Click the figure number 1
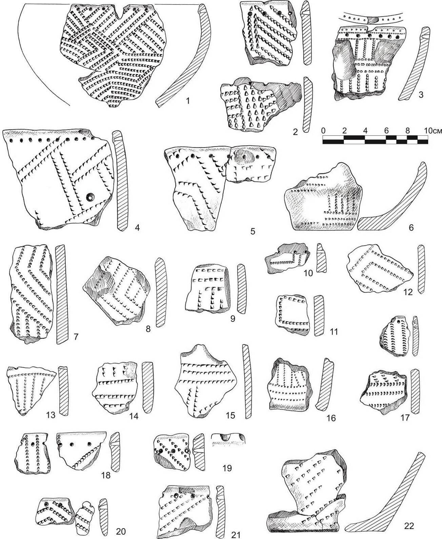188,101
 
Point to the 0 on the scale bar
323,131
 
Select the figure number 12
408,292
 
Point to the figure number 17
405,417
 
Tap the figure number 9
233,319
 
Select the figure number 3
421,94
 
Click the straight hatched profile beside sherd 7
61,294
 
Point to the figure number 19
227,468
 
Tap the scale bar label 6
386,131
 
